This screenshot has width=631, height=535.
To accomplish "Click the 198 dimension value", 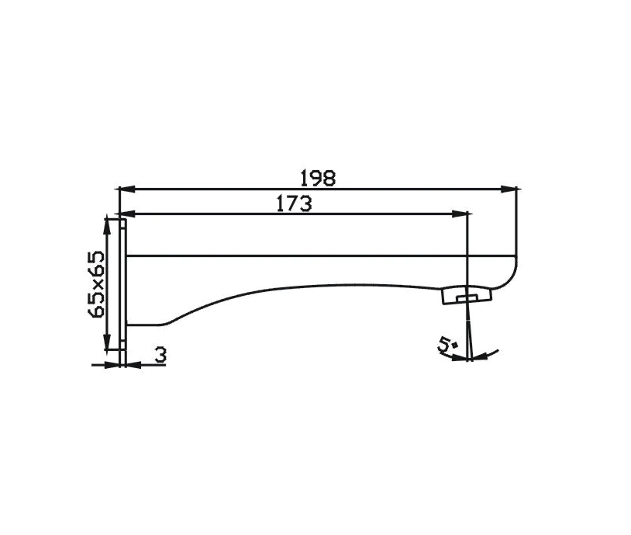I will tap(319, 178).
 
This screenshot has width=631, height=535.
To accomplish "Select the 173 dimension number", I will tap(294, 203).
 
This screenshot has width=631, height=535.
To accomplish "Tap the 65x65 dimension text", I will tap(97, 284).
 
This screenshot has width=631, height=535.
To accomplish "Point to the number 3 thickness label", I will tap(160, 356).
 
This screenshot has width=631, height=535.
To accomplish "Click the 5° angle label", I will tap(447, 344).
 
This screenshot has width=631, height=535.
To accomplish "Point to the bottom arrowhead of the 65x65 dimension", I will tap(106, 345).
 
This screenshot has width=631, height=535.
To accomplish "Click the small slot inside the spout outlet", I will tap(467, 297).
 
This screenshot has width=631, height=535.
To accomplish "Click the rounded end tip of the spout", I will tap(511, 271).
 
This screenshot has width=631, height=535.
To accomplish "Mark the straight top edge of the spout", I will tap(310, 255).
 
